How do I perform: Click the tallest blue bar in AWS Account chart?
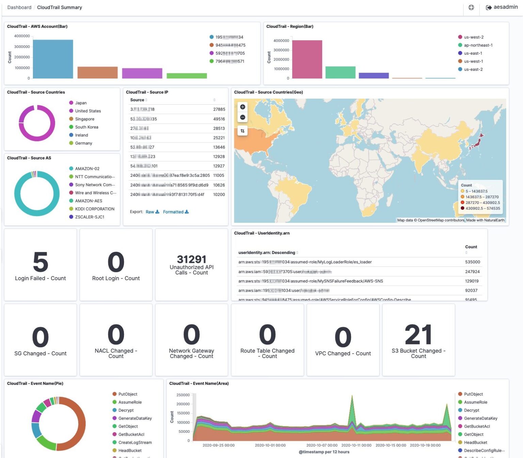click(53, 59)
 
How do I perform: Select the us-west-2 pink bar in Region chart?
click(307, 60)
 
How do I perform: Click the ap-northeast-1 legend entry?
click(478, 45)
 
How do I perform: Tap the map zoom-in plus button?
click(242, 107)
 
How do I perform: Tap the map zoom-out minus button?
click(242, 117)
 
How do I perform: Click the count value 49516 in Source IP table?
click(219, 119)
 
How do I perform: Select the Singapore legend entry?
click(84, 119)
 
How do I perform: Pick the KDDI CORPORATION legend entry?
click(94, 209)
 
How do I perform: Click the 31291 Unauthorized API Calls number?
click(191, 259)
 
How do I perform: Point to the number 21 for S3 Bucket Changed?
click(418, 335)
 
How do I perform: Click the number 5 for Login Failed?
click(41, 262)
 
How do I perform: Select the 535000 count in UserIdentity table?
click(472, 262)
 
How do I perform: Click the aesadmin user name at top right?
click(505, 7)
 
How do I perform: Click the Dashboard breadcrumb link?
click(19, 7)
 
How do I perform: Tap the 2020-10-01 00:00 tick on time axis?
click(270, 445)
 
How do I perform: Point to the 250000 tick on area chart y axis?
click(183, 395)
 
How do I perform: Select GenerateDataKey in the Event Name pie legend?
click(135, 418)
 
